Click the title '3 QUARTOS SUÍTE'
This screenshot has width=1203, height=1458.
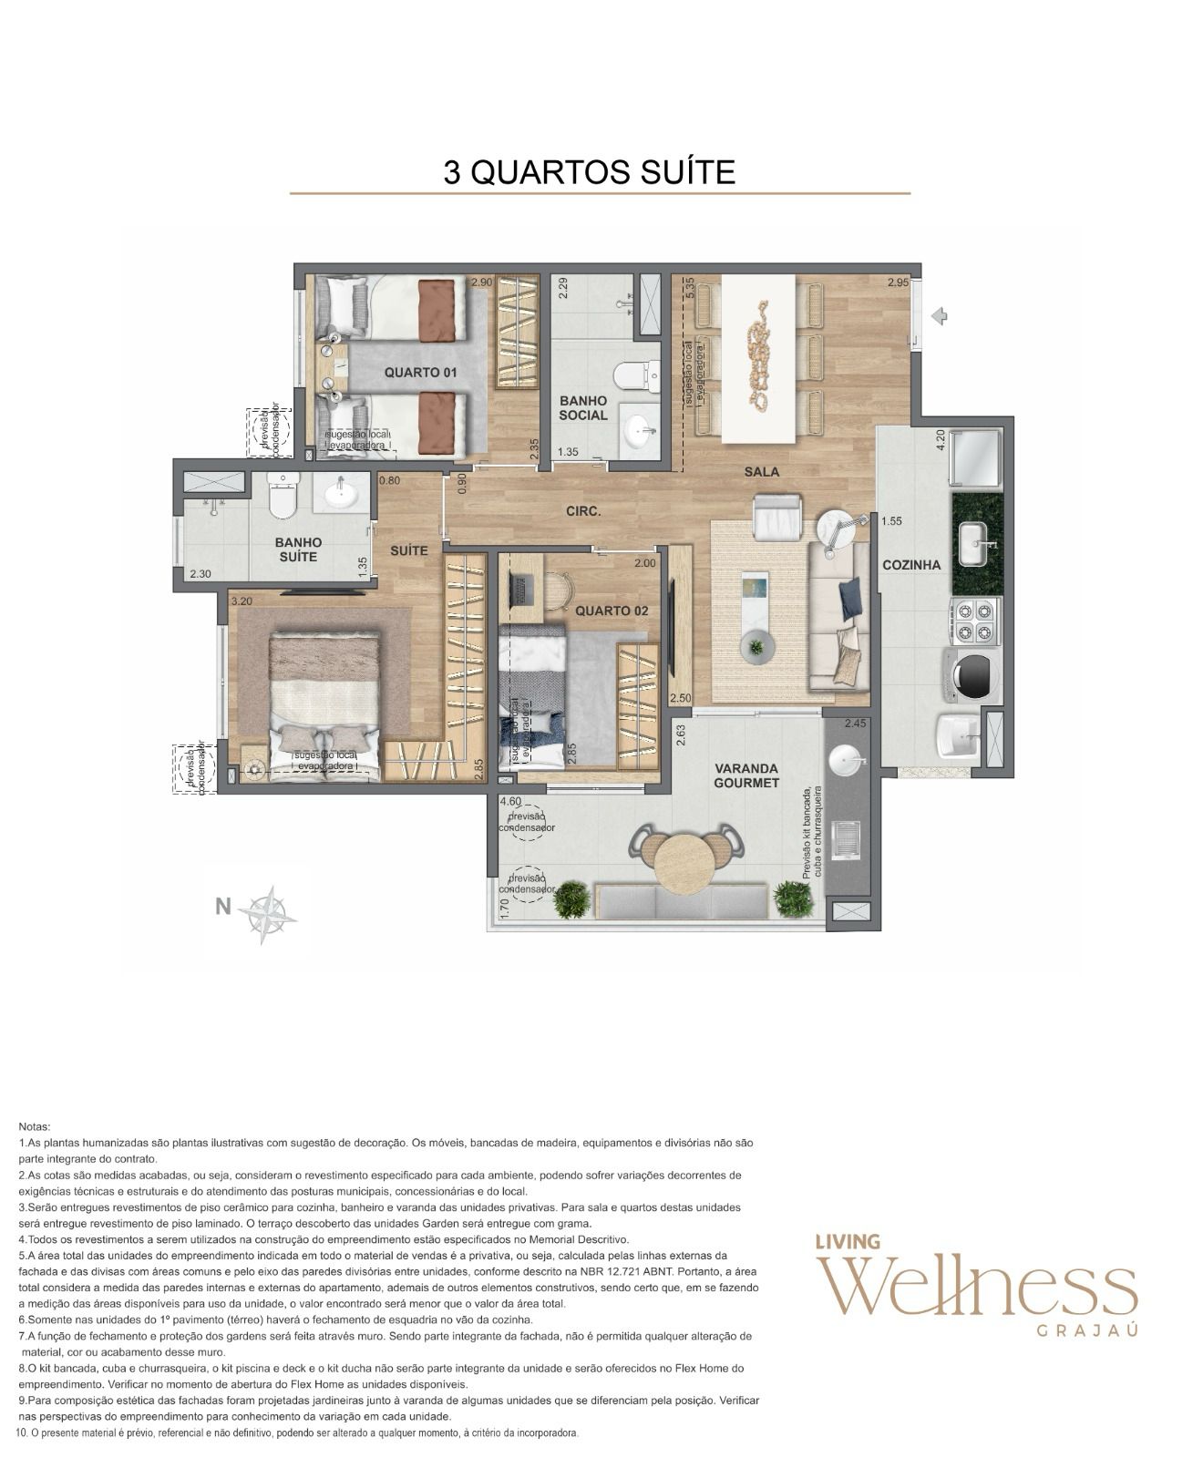(x=589, y=172)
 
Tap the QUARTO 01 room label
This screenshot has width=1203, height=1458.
(x=420, y=372)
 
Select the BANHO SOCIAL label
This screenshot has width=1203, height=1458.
(x=583, y=408)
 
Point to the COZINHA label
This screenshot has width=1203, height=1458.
(x=911, y=565)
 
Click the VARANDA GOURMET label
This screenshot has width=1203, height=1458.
(x=745, y=775)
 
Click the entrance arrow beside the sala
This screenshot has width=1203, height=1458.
(x=940, y=316)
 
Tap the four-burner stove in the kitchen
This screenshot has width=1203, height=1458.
(x=975, y=621)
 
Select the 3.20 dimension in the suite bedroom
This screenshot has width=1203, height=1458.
(x=242, y=601)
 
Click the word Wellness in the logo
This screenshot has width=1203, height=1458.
(x=976, y=1289)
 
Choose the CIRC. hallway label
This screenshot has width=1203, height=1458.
(x=583, y=511)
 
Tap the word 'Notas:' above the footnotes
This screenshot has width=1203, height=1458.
(x=35, y=1127)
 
